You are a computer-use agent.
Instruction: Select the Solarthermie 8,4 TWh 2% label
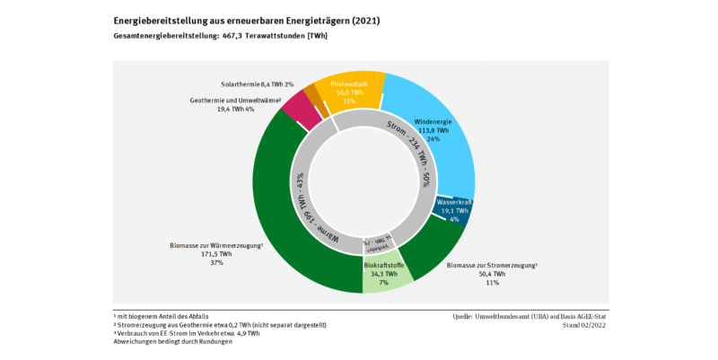click(257, 83)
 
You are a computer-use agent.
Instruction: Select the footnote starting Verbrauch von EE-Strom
click(188, 333)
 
